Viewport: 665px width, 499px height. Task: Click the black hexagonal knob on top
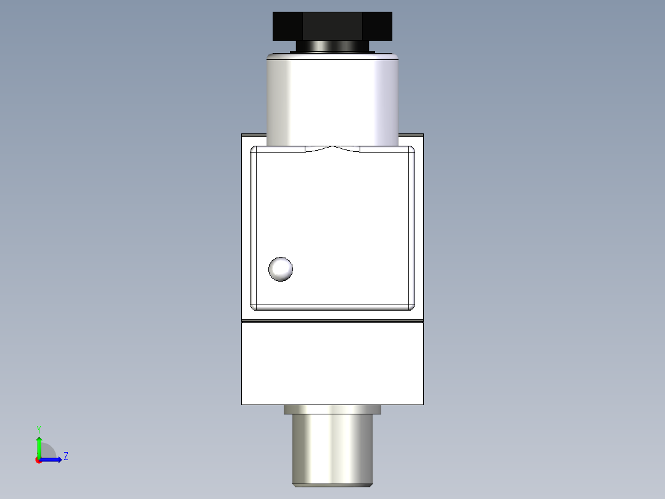[332, 26]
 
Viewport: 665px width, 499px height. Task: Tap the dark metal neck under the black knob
[332, 46]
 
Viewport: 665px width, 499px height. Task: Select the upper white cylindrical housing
[332, 99]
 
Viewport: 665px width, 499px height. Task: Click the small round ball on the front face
[281, 269]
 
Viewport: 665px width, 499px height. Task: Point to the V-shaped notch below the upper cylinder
[332, 148]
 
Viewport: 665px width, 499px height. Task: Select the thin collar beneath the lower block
[332, 409]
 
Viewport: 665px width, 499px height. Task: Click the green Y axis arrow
[39, 446]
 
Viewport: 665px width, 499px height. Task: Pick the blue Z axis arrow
[52, 459]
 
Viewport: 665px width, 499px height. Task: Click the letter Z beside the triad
[65, 456]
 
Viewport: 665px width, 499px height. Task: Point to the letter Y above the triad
[38, 429]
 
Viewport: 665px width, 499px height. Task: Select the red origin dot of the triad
[38, 460]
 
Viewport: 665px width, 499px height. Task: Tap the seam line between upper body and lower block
[332, 322]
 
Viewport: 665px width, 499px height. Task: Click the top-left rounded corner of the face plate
[254, 149]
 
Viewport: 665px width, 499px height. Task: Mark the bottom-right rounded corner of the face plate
[411, 306]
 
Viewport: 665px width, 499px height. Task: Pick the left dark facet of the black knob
[287, 26]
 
